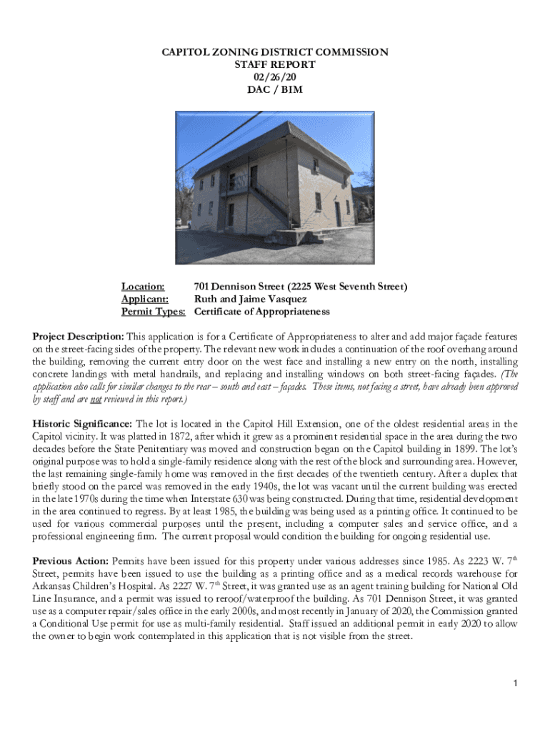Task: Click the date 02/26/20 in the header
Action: [x=274, y=76]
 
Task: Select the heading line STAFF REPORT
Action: [x=274, y=64]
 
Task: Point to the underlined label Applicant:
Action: [x=145, y=299]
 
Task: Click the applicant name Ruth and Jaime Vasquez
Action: [x=250, y=299]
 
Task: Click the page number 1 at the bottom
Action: [x=514, y=685]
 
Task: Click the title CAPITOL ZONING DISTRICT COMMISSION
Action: [x=274, y=52]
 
